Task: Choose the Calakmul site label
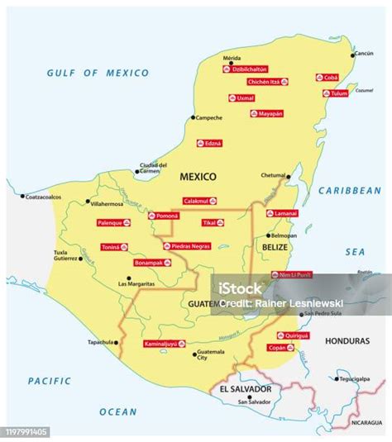click(x=200, y=200)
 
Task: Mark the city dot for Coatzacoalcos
click(x=23, y=197)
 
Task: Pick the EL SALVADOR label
click(x=244, y=388)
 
